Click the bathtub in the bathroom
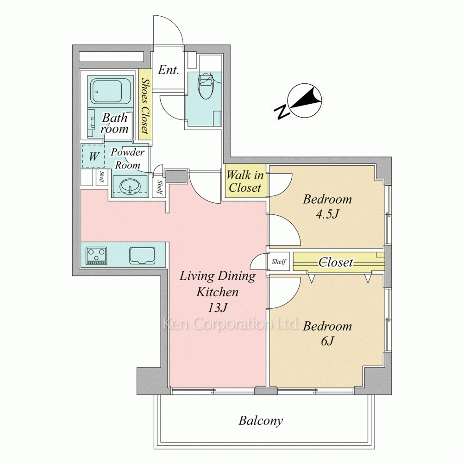pyautogui.click(x=110, y=91)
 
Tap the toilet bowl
pyautogui.click(x=206, y=86)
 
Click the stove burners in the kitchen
pyautogui.click(x=96, y=256)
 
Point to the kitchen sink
pyautogui.click(x=142, y=256)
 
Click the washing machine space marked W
pyautogui.click(x=94, y=156)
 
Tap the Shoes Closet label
pyautogui.click(x=145, y=106)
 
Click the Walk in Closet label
pyautogui.click(x=245, y=181)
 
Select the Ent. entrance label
pyautogui.click(x=169, y=70)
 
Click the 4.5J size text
pyautogui.click(x=327, y=214)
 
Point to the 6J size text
pyautogui.click(x=327, y=341)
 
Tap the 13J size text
pyautogui.click(x=218, y=308)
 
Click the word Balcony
pyautogui.click(x=261, y=421)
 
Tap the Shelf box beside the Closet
pyautogui.click(x=279, y=261)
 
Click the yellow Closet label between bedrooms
pyautogui.click(x=336, y=262)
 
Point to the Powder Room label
pyautogui.click(x=128, y=158)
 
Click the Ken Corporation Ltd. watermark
pyautogui.click(x=230, y=324)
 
